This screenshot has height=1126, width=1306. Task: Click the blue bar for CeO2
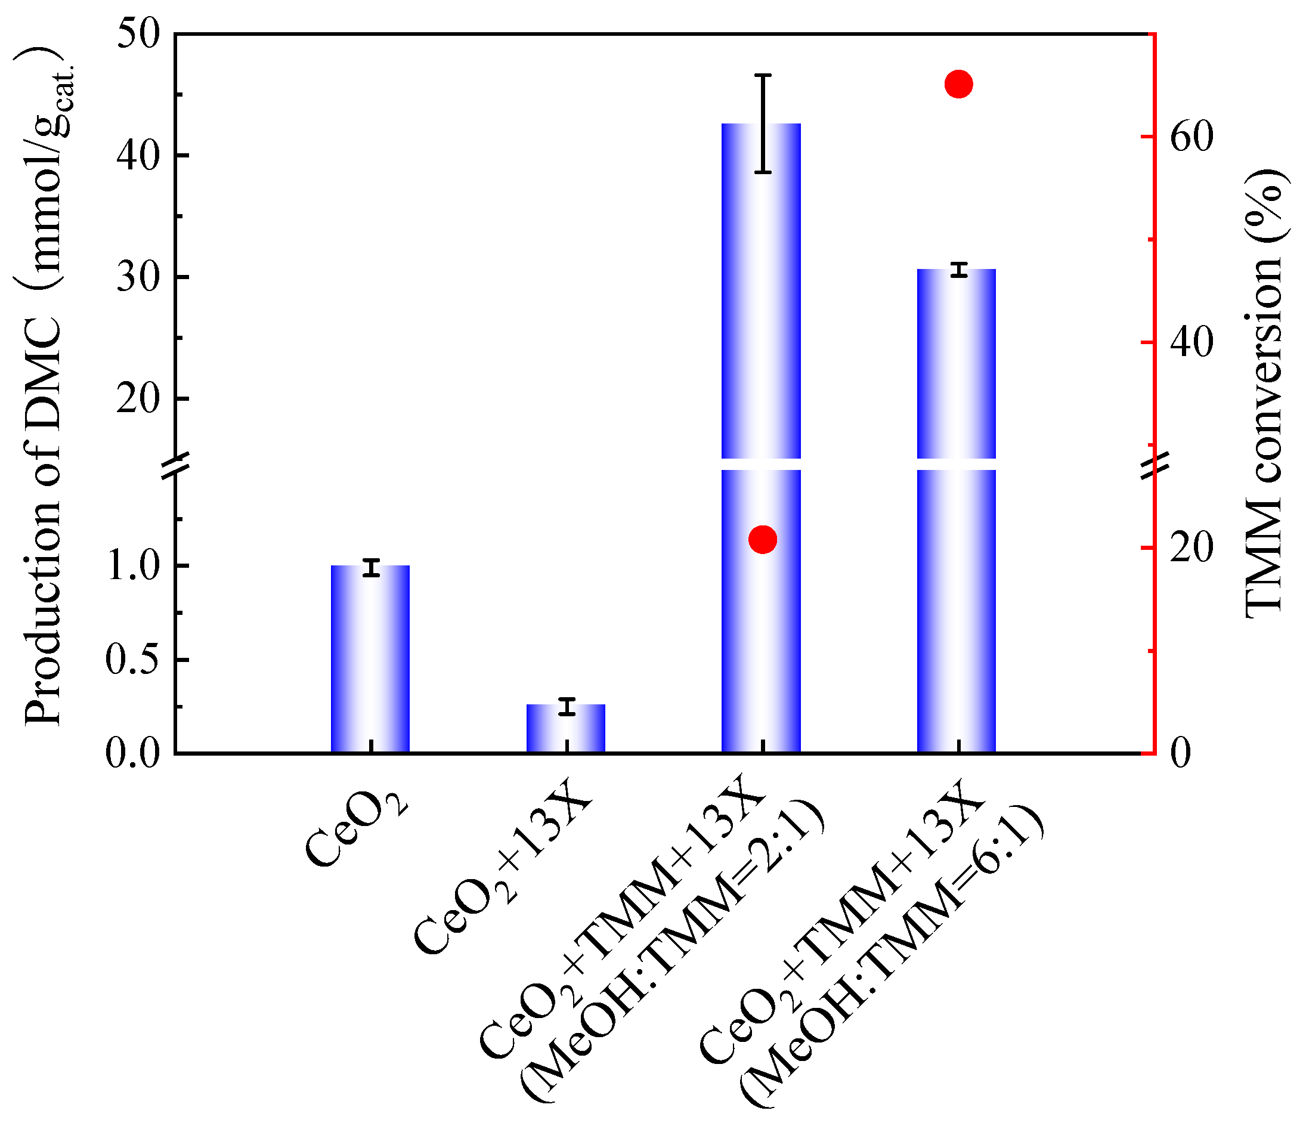370,659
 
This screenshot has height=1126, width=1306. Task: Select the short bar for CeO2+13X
565,729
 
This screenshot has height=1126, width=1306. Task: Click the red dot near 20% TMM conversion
763,539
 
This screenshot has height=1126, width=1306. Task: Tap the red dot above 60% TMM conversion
959,84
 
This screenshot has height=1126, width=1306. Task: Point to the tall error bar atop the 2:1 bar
763,123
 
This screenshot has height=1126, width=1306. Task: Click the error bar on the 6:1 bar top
960,270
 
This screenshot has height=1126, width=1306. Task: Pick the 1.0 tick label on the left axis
134,565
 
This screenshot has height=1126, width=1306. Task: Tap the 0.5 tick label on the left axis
134,660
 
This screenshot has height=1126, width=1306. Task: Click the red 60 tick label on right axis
1192,137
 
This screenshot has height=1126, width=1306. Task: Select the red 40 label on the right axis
1192,342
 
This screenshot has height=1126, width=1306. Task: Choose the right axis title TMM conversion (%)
1264,391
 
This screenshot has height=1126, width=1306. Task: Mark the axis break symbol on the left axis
175,464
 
